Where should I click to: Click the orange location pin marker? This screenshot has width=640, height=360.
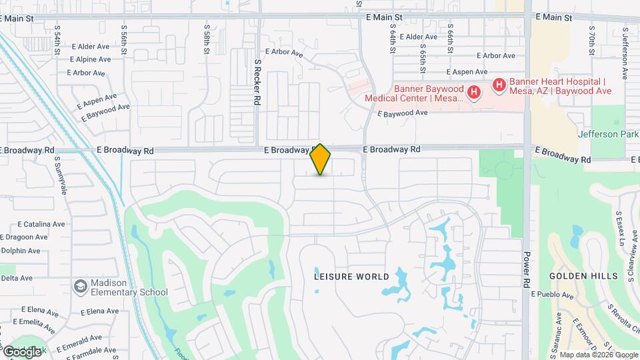[321, 159]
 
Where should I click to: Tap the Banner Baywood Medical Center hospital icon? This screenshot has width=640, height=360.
[473, 92]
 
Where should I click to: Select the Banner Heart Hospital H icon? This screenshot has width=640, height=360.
[498, 85]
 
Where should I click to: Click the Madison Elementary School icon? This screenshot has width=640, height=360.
[81, 286]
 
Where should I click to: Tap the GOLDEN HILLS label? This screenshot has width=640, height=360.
[576, 276]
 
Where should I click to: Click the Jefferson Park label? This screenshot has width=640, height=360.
[608, 133]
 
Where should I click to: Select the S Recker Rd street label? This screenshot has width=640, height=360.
[257, 82]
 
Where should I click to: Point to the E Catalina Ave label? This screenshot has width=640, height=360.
[41, 224]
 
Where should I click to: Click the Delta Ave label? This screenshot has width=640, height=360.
[17, 278]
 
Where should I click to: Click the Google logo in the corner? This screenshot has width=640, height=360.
[22, 351]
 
